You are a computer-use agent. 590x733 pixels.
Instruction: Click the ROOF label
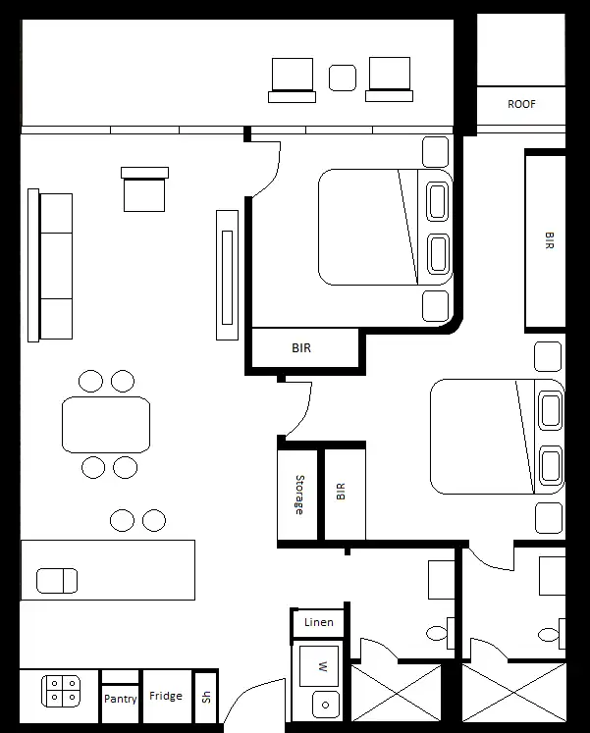click(521, 104)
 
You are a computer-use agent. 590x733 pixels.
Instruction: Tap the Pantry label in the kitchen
click(121, 700)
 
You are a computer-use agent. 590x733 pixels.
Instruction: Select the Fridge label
click(166, 697)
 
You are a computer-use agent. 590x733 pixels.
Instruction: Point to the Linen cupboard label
click(318, 622)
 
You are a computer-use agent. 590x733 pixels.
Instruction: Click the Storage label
click(298, 495)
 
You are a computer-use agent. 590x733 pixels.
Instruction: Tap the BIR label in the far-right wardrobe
click(548, 241)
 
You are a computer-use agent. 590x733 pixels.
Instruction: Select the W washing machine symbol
click(319, 666)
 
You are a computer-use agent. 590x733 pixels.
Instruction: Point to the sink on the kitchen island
click(57, 580)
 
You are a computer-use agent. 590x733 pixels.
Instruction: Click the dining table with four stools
click(106, 424)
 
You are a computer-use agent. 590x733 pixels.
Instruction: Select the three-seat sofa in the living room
click(55, 265)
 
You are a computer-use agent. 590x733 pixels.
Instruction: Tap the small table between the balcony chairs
click(342, 78)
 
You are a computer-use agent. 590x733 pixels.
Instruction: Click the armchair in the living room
click(144, 189)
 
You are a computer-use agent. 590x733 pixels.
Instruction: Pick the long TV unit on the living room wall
click(228, 276)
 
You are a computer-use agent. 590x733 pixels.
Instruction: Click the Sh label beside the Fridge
click(205, 699)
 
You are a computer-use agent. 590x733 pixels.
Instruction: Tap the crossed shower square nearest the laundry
click(397, 693)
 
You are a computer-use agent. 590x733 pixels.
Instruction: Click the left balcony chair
click(292, 79)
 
